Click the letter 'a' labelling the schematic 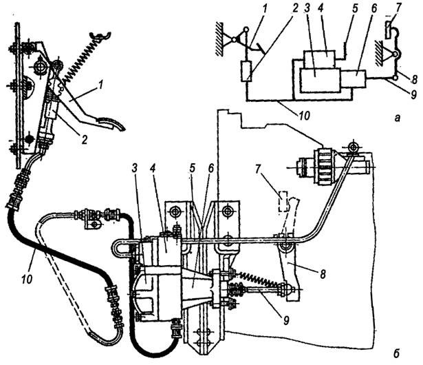tap(397, 118)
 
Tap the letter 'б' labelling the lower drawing tap(395, 353)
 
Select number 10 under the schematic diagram tap(303, 116)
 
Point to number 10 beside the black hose tap(27, 278)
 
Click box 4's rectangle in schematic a tap(319, 59)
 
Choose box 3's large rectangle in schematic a tap(319, 81)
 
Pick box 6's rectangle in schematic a tap(353, 79)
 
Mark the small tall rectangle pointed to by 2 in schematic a tap(246, 71)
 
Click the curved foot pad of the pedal tap(111, 123)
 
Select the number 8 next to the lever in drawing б tap(323, 274)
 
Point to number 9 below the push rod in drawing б tap(286, 320)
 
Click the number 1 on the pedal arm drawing tap(100, 86)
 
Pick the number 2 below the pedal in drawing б tap(85, 139)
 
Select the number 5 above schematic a tap(355, 8)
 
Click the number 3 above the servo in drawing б tap(135, 168)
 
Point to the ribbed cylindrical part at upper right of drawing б tap(325, 167)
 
